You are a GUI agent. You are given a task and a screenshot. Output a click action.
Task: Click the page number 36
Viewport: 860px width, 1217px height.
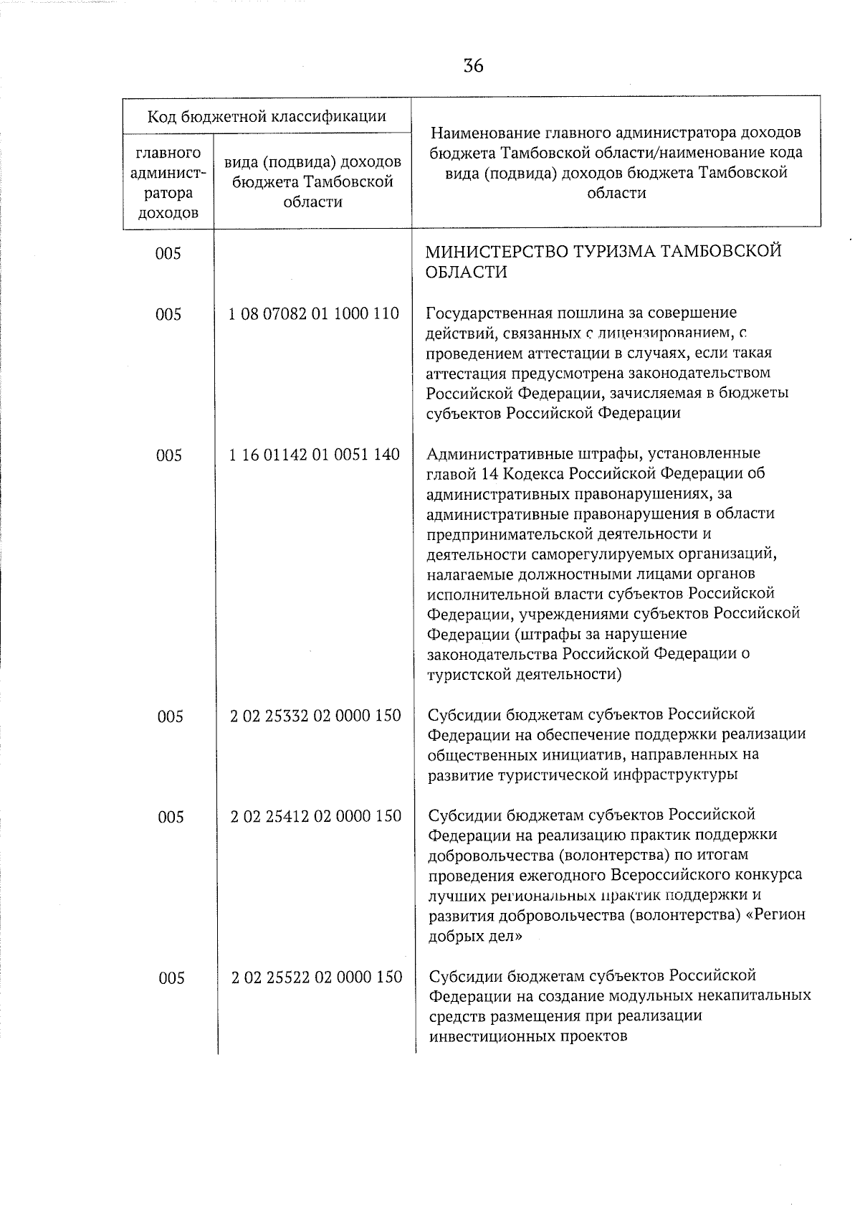point(473,66)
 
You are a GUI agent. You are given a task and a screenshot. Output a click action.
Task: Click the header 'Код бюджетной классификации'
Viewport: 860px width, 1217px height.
point(267,116)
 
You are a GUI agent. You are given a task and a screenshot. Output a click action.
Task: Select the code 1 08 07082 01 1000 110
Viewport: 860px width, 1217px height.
point(314,313)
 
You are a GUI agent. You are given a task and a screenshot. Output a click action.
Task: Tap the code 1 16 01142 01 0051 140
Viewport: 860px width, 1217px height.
point(315,454)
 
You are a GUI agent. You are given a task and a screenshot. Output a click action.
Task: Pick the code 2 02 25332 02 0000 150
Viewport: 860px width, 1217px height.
point(315,715)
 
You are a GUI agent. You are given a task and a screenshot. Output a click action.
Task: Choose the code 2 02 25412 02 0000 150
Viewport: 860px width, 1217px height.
point(315,815)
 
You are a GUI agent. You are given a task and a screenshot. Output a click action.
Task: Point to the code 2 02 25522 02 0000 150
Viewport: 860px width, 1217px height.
point(316,977)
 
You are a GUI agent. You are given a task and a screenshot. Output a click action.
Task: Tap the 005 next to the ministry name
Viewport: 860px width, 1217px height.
point(168,253)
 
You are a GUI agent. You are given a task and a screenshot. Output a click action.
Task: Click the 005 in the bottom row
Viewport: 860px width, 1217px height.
point(171,978)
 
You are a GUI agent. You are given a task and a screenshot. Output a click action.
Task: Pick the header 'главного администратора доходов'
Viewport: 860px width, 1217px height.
point(168,184)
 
